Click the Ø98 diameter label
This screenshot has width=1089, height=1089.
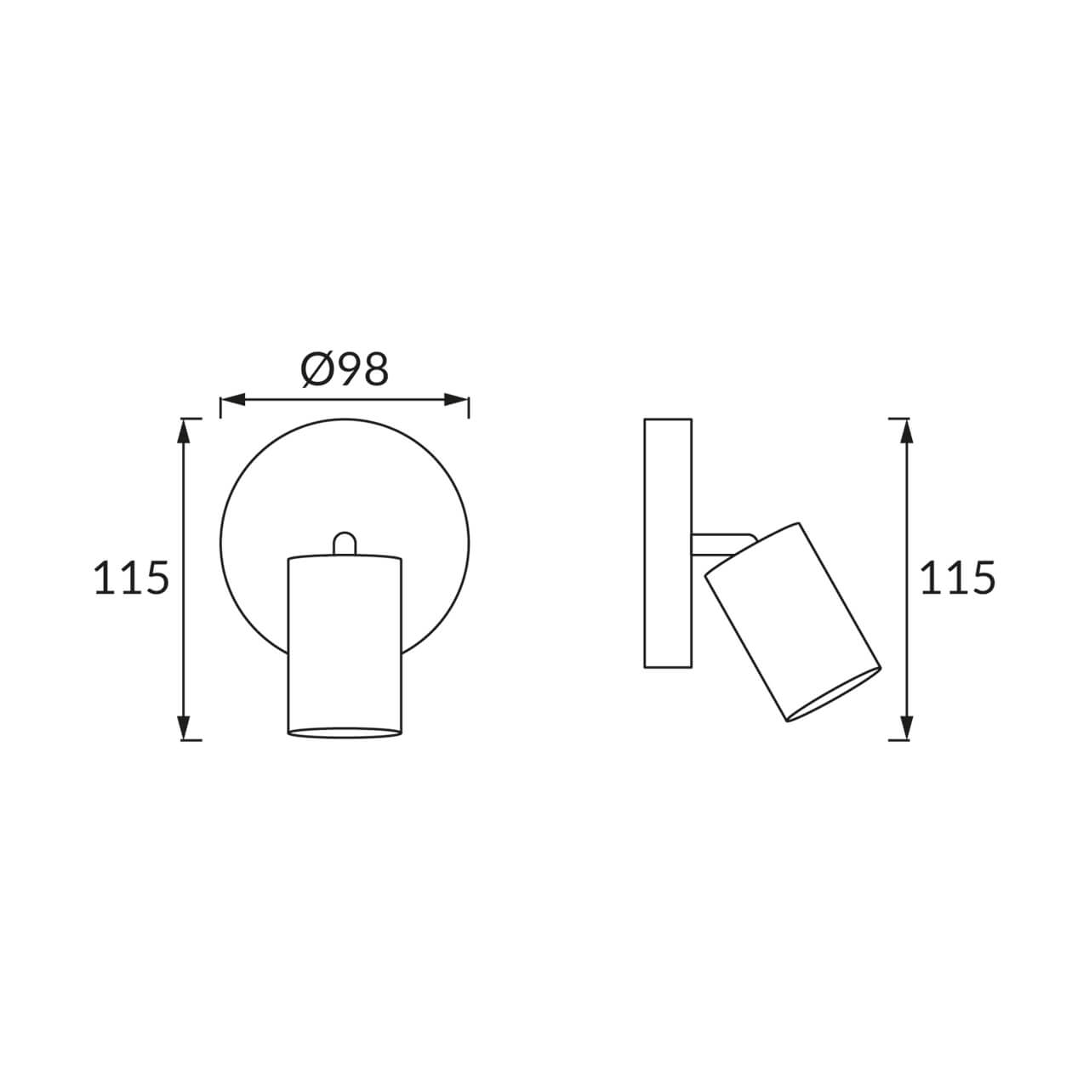click(345, 370)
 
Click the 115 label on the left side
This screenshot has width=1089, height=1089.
click(131, 578)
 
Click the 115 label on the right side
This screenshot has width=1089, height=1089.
click(957, 578)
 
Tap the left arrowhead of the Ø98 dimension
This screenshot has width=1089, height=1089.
click(233, 400)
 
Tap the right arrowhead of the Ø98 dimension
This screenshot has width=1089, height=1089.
click(456, 400)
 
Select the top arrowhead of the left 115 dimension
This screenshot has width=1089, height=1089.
click(183, 431)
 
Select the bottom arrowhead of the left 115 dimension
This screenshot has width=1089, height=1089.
click(183, 727)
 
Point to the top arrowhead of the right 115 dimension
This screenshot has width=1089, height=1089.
click(906, 431)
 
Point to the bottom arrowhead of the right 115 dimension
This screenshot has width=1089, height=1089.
click(906, 727)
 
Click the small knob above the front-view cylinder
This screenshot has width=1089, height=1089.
click(345, 544)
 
